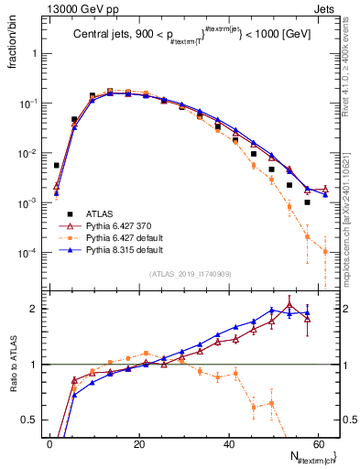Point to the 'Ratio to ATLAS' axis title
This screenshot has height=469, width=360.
point(14,366)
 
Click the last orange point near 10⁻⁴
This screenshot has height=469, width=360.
point(325,251)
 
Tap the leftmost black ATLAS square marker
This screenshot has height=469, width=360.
point(56,166)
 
